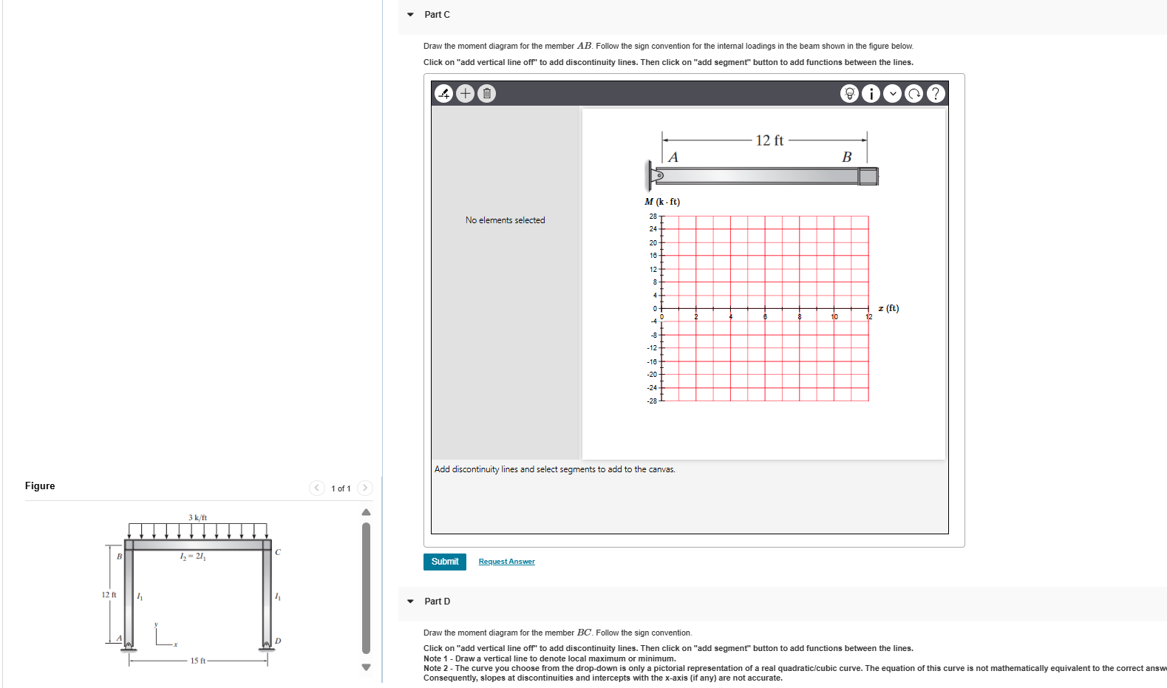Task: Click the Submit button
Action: (x=444, y=562)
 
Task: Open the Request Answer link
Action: (x=506, y=562)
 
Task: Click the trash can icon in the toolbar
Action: (x=486, y=93)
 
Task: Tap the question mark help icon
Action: (x=935, y=94)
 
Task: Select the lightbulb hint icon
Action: (x=849, y=94)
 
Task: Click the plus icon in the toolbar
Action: (x=465, y=93)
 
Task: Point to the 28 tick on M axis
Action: (x=653, y=216)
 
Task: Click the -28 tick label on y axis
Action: (x=652, y=401)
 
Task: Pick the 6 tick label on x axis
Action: (x=765, y=317)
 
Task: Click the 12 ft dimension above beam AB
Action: (x=769, y=140)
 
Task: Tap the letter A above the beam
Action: (x=673, y=157)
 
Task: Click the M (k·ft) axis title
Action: (x=662, y=201)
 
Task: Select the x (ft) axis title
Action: (x=888, y=308)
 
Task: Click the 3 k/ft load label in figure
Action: (x=197, y=517)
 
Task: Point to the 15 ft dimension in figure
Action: (x=197, y=661)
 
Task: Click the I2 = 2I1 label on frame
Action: (x=193, y=556)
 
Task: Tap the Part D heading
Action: (x=437, y=602)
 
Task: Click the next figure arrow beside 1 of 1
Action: (x=364, y=488)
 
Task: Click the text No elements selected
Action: (x=505, y=220)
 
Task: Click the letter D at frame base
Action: (x=278, y=641)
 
